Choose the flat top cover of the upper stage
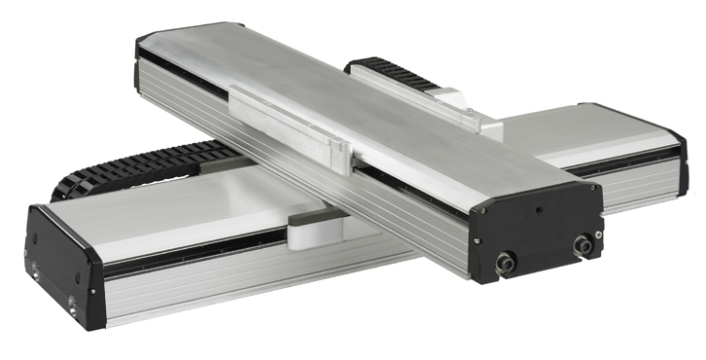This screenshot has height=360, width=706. point(331,107)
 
